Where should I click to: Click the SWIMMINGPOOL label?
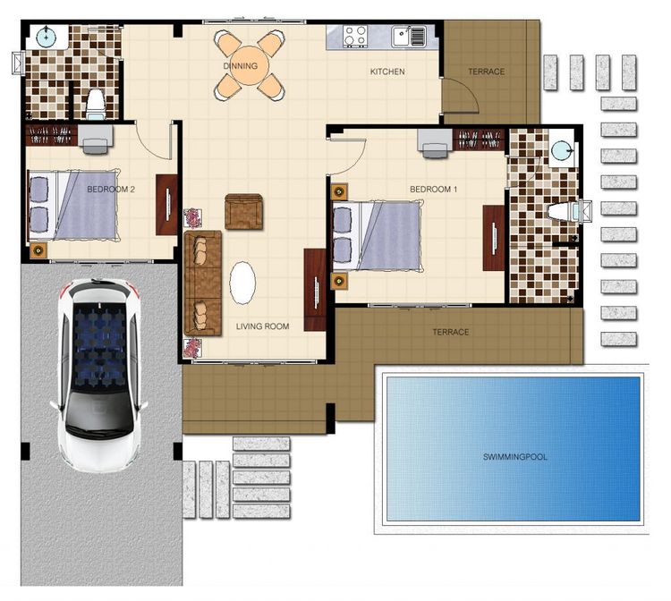(x=514, y=457)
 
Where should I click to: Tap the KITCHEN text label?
(x=387, y=72)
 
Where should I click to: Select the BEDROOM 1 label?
(x=434, y=189)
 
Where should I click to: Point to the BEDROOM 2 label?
(x=111, y=189)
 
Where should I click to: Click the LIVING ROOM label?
(x=262, y=326)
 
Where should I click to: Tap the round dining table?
(x=249, y=66)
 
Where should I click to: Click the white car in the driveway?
(x=98, y=375)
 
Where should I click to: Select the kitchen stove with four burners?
(x=355, y=36)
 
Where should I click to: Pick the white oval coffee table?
(x=242, y=283)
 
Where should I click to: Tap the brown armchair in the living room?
(x=243, y=212)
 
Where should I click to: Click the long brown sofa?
(x=203, y=284)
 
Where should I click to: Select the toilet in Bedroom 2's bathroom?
(x=95, y=104)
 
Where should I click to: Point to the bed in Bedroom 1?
(x=378, y=236)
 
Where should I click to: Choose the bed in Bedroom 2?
(x=72, y=205)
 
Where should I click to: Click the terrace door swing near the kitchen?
(x=461, y=96)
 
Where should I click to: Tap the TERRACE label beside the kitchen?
(x=486, y=72)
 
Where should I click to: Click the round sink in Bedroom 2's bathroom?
(x=45, y=37)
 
